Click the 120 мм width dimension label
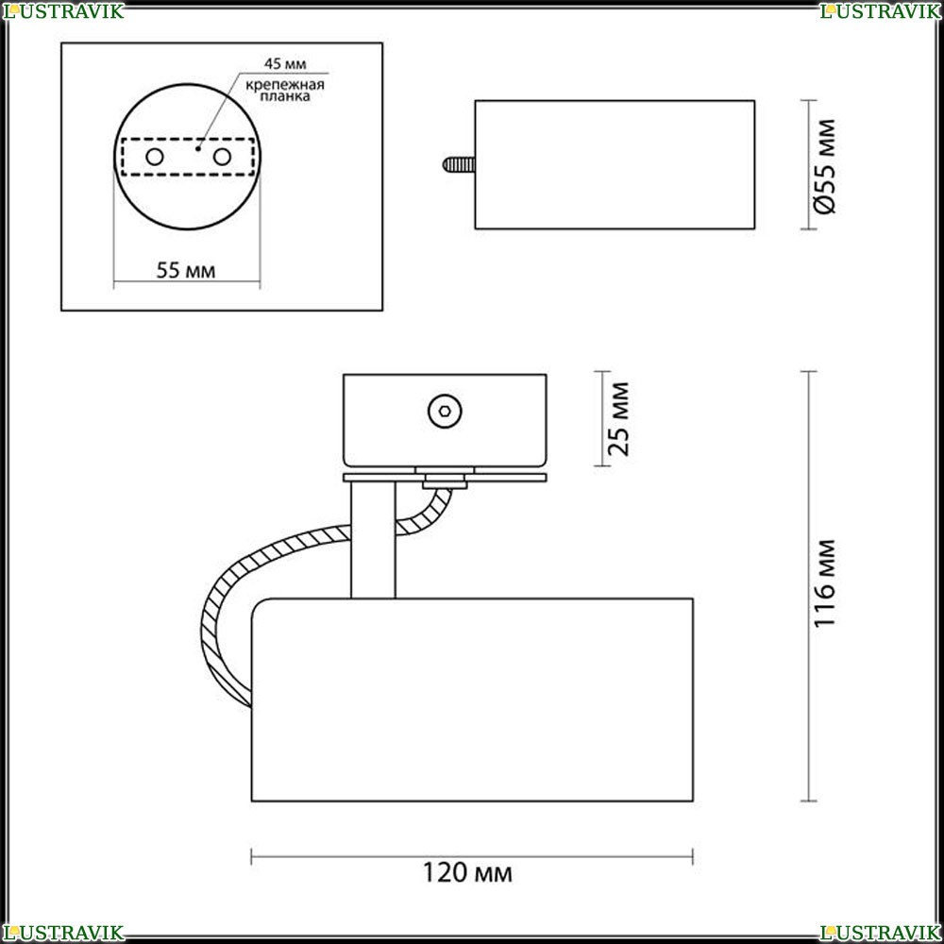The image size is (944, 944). point(467,872)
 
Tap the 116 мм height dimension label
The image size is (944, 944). point(824,583)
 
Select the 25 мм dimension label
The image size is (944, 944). point(618,419)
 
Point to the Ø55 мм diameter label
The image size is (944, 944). point(824,166)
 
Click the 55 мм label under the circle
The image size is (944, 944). point(185,271)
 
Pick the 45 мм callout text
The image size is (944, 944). point(285,64)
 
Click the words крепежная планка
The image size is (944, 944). point(285,91)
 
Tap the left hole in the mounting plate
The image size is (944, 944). point(155,157)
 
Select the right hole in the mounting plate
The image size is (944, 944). point(222,157)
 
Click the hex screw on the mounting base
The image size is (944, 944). point(445,412)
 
